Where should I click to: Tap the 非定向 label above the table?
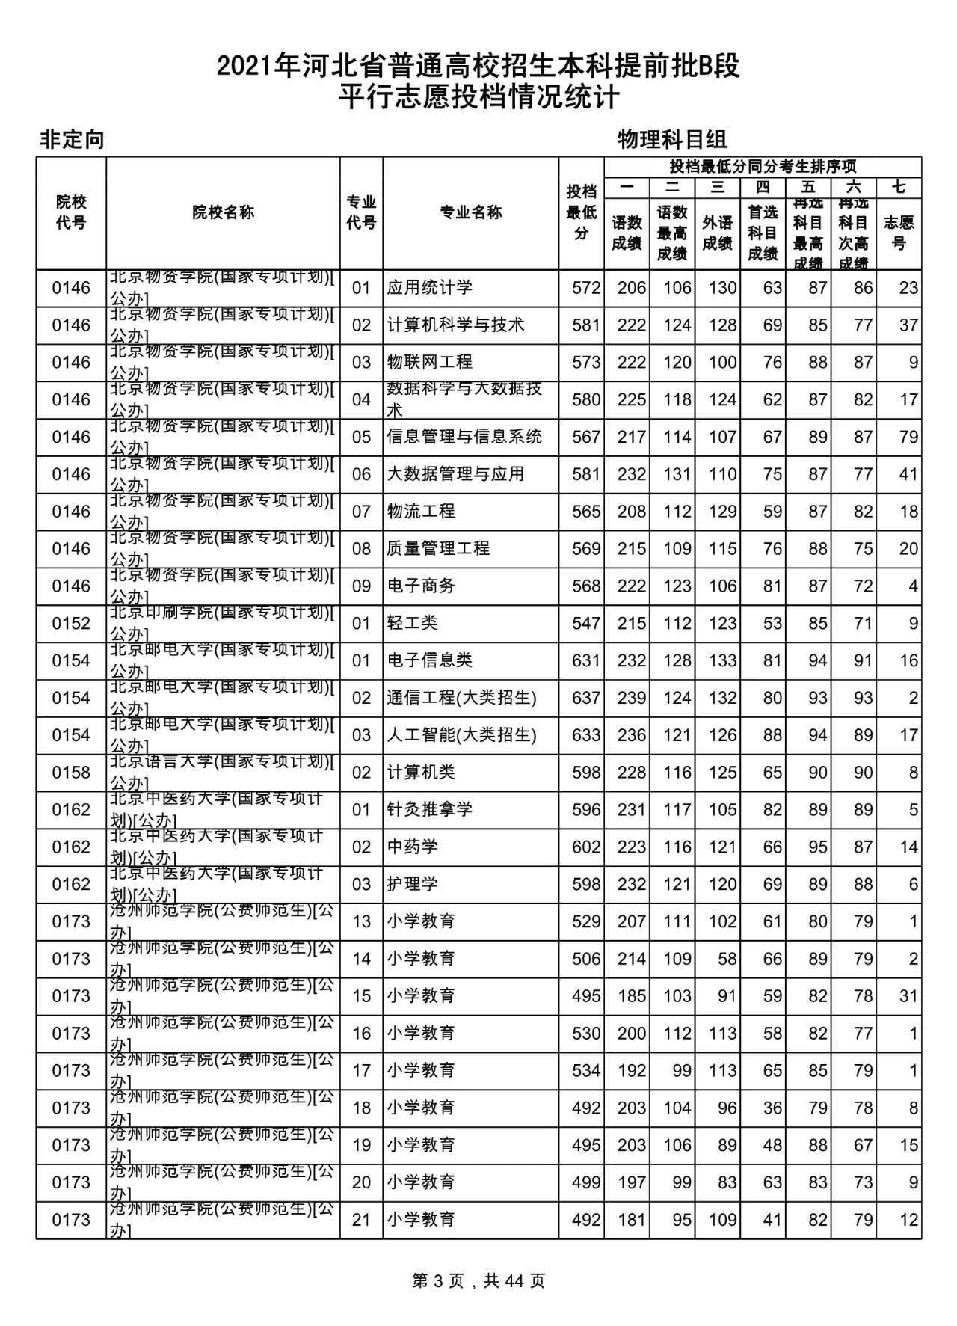(x=72, y=139)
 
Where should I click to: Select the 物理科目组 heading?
(x=672, y=139)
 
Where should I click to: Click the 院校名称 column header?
(x=223, y=212)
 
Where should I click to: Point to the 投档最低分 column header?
(x=581, y=212)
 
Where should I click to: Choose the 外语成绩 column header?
(x=717, y=233)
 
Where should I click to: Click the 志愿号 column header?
(x=899, y=233)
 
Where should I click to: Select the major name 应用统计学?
(x=429, y=288)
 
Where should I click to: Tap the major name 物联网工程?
(x=429, y=362)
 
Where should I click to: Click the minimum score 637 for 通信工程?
(x=586, y=698)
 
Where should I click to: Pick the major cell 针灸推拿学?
(x=429, y=809)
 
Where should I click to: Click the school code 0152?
(x=71, y=623)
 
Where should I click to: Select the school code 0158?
(x=71, y=772)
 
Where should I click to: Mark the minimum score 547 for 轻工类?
(x=586, y=623)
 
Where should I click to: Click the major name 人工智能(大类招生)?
(x=461, y=735)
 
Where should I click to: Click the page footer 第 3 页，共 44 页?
(x=478, y=1281)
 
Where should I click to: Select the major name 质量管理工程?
(x=438, y=548)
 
